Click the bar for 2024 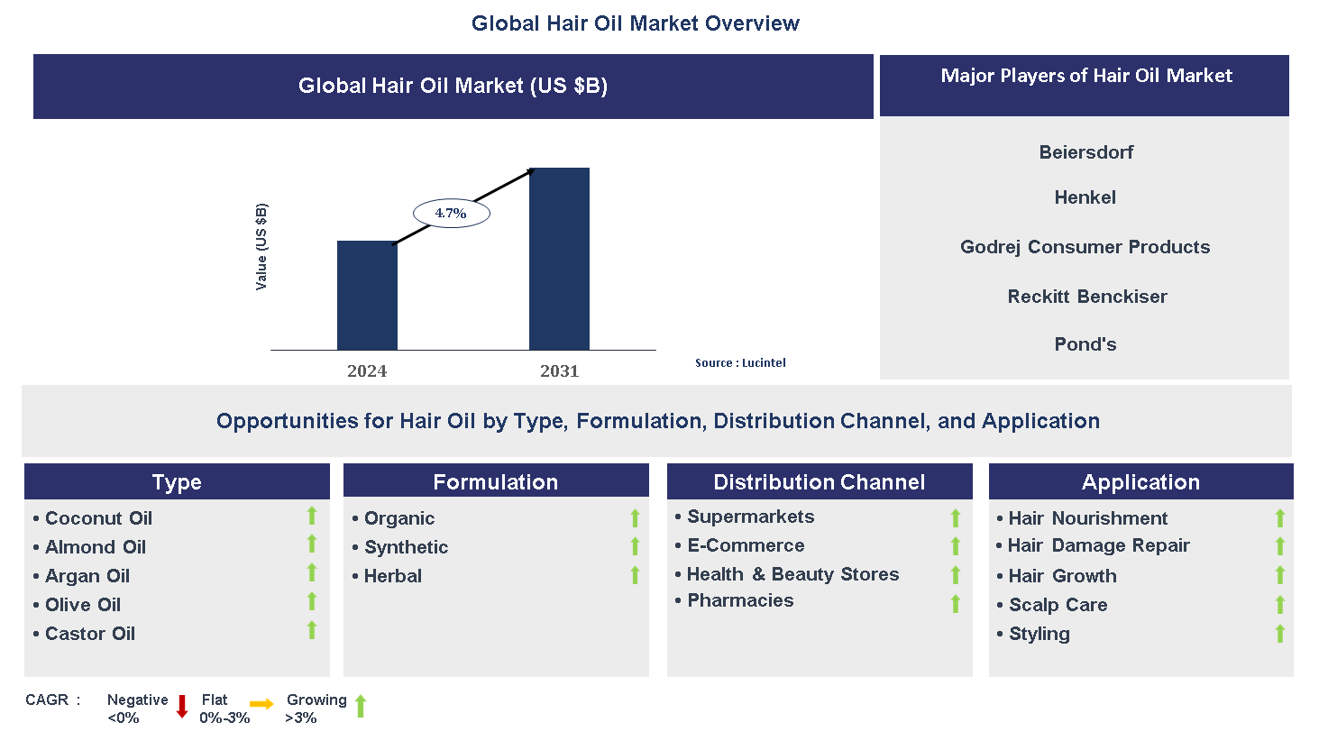(367, 296)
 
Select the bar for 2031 (559, 259)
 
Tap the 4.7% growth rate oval (451, 214)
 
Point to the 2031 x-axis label (559, 371)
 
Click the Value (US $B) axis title (261, 246)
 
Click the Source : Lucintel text (740, 363)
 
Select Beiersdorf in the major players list (1085, 152)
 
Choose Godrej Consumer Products (1085, 247)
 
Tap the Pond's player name (1085, 344)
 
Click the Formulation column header (496, 482)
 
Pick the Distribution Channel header (819, 482)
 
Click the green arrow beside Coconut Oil (312, 516)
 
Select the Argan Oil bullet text (87, 576)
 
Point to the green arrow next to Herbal (635, 575)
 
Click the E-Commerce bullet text (746, 545)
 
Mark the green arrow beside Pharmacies (956, 603)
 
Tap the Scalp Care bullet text (1058, 605)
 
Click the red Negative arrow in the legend (182, 707)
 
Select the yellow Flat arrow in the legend (261, 705)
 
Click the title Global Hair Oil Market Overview (635, 23)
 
